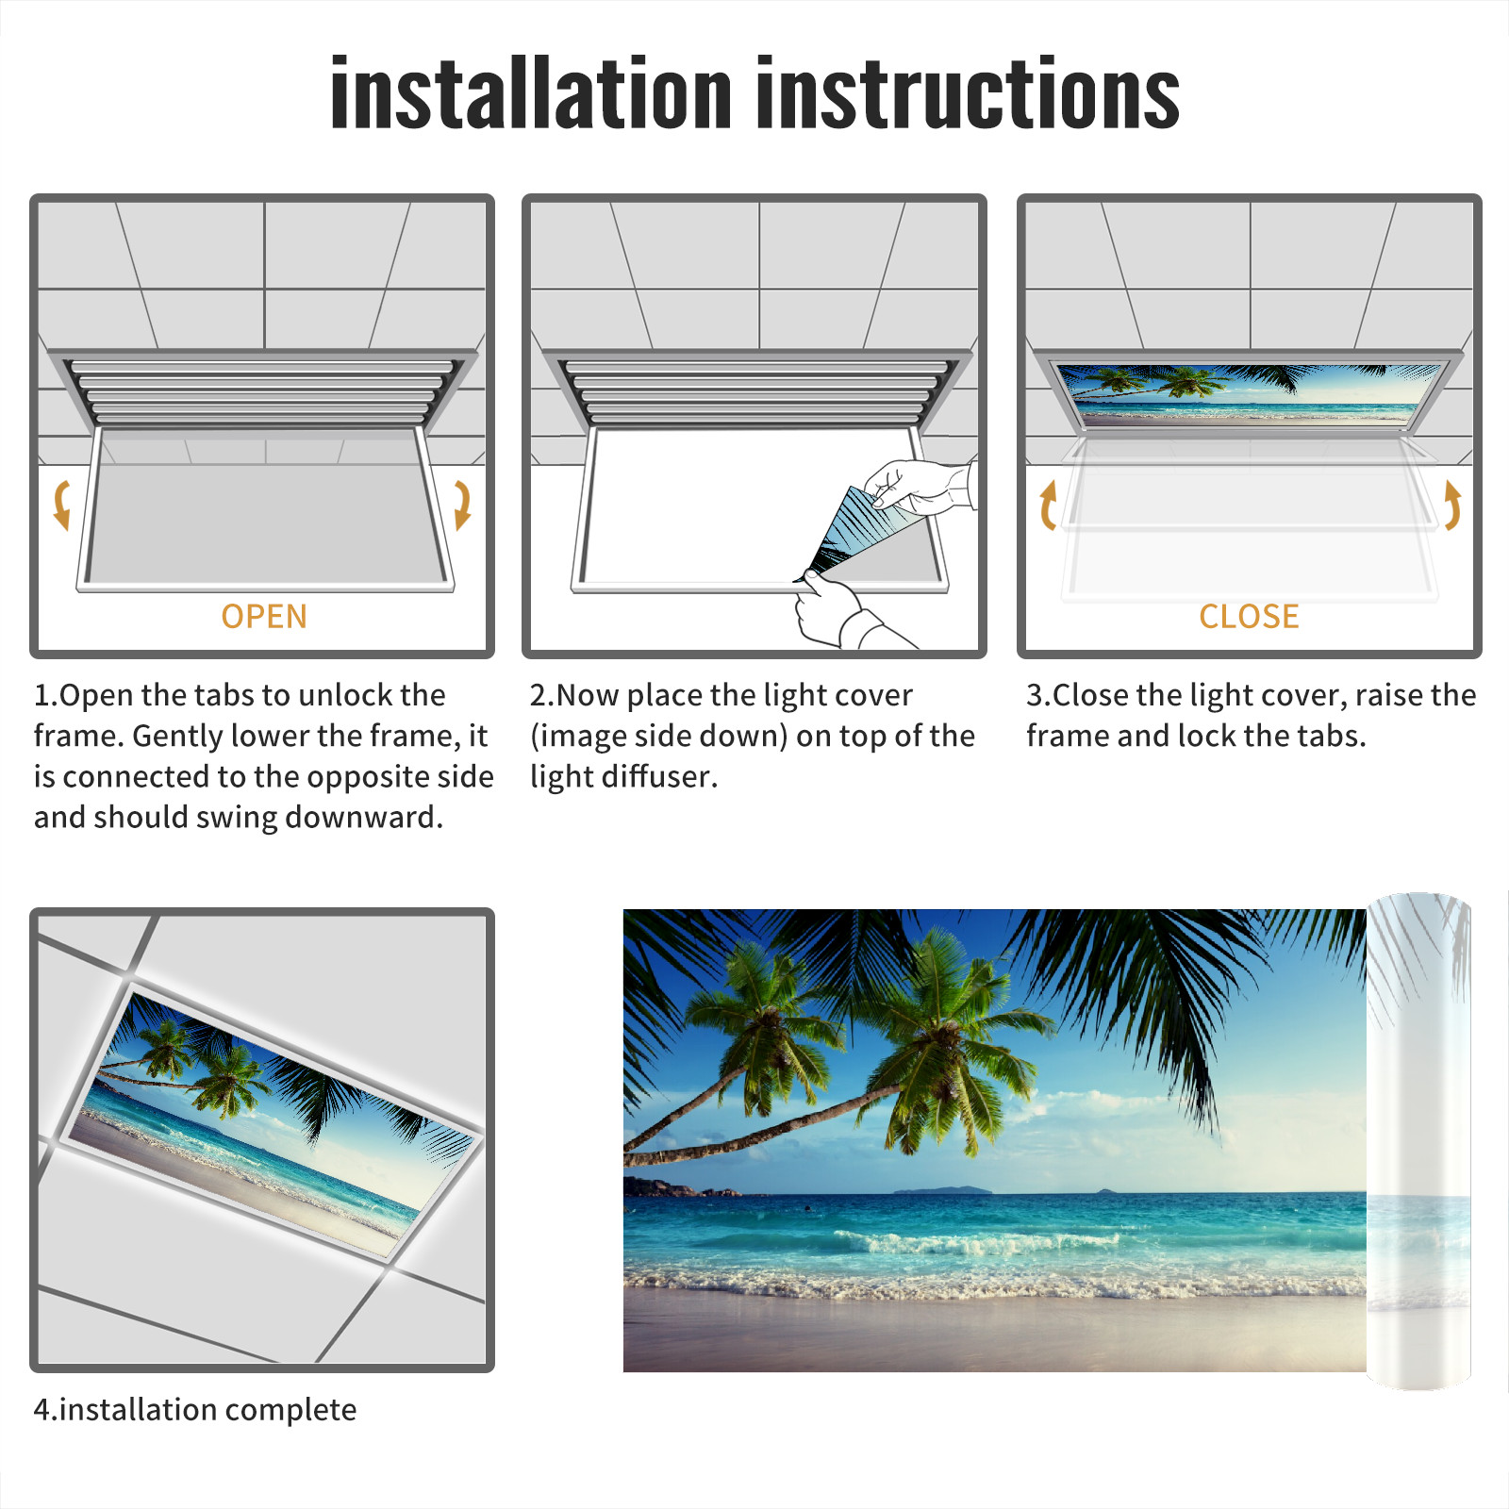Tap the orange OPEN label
pos(264,616)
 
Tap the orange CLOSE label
pos(1249,616)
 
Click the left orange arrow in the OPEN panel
pos(62,505)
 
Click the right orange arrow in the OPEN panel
pos(462,505)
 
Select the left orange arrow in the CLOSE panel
pos(1048,505)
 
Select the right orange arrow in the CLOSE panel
pos(1452,505)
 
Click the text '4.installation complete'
pos(195,1409)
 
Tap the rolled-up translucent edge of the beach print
pos(1418,1141)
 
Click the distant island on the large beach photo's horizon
pos(943,1189)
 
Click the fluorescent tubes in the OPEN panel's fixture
pos(262,391)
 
